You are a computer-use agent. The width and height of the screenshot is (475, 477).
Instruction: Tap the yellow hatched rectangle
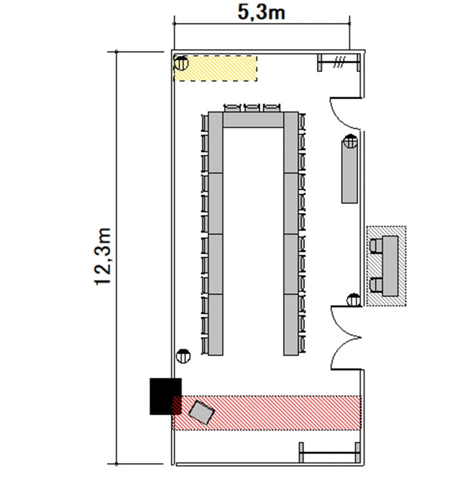click(216, 68)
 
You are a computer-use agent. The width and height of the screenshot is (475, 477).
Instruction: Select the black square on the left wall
click(165, 396)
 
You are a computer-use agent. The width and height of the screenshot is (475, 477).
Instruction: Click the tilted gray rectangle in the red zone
click(203, 412)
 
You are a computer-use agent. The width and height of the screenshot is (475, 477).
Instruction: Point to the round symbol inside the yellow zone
click(182, 62)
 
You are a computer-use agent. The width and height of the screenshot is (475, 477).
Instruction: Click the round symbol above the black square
click(184, 356)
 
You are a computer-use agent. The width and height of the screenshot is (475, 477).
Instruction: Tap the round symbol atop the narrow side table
click(349, 142)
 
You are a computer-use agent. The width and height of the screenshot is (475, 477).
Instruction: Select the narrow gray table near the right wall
click(349, 172)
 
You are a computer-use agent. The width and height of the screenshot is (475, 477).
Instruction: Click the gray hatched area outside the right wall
click(386, 266)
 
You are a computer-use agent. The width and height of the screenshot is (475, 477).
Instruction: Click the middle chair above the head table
click(253, 107)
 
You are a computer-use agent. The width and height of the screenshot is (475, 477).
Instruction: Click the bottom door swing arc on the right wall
click(345, 354)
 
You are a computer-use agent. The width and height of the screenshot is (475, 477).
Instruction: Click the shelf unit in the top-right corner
click(339, 62)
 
